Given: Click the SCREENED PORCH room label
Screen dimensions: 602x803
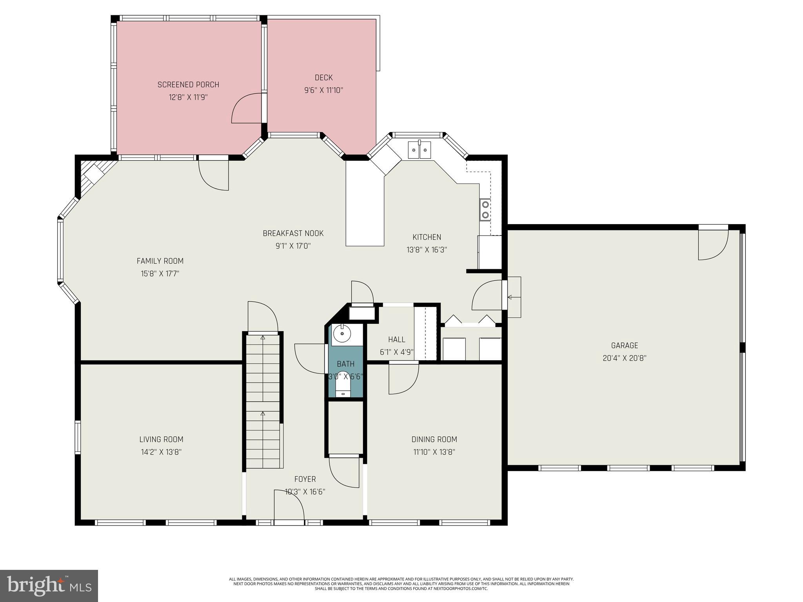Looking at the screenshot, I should [x=188, y=85].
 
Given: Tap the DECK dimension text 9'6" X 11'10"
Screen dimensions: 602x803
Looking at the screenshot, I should [x=323, y=91].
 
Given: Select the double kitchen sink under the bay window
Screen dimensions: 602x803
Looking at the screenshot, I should [x=419, y=150].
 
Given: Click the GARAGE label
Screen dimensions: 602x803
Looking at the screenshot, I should [x=624, y=346].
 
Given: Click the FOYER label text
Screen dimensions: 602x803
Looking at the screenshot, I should [x=305, y=479].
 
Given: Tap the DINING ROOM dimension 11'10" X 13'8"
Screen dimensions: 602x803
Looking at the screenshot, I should [x=434, y=452].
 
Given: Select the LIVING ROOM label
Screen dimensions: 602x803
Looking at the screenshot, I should [x=161, y=439].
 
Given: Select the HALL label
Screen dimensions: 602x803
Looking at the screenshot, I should [x=396, y=339].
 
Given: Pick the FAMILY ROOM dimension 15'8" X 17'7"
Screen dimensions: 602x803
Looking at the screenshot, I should [x=160, y=274].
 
